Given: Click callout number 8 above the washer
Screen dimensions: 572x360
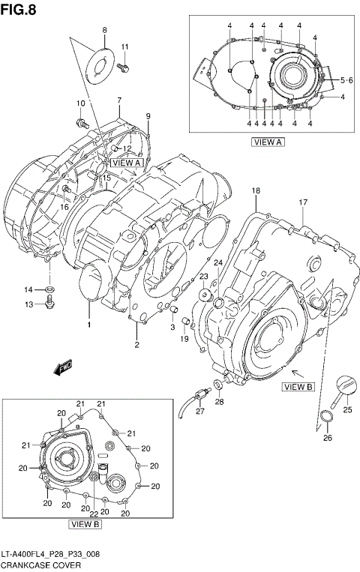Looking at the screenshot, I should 105,31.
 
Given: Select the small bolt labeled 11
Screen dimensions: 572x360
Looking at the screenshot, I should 124,67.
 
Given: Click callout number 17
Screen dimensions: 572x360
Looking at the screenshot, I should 303,202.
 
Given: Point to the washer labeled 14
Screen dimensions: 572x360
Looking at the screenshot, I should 49,289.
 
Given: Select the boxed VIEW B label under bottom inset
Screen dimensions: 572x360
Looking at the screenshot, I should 85,524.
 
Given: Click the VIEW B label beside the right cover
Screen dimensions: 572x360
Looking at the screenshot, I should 297,387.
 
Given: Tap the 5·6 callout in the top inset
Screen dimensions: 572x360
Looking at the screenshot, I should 346,79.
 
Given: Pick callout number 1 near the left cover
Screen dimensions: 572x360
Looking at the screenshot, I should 88,325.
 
